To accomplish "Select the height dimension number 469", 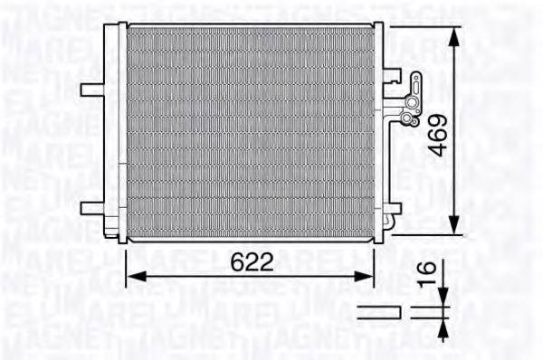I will pyautogui.click(x=437, y=134).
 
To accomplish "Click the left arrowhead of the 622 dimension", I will pyautogui.click(x=130, y=278).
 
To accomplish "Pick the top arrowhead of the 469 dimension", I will pyautogui.click(x=453, y=31).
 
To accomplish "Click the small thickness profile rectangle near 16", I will pyautogui.click(x=378, y=312).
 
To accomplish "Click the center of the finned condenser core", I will pyautogui.click(x=250, y=131).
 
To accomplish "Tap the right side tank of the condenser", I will pyautogui.click(x=381, y=131).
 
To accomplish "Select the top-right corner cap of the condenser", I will pyautogui.click(x=379, y=28).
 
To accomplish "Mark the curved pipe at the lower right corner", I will pyautogui.click(x=388, y=223).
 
